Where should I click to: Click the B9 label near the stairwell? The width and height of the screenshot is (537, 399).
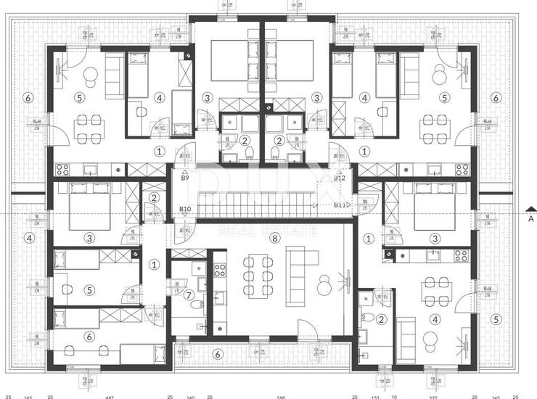(185, 178)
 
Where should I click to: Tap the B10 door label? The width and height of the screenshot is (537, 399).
(185, 210)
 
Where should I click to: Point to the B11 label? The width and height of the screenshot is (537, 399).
(340, 205)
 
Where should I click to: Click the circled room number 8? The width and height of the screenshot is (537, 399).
(274, 237)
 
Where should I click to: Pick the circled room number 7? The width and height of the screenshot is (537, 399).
(189, 295)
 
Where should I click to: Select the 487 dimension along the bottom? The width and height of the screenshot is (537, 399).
(110, 396)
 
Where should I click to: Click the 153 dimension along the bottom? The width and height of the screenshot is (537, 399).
(375, 396)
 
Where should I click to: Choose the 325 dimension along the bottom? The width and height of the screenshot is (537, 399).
(434, 396)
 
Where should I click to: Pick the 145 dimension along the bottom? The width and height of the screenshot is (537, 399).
(28, 396)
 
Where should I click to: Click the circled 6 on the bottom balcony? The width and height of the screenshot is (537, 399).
(218, 353)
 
